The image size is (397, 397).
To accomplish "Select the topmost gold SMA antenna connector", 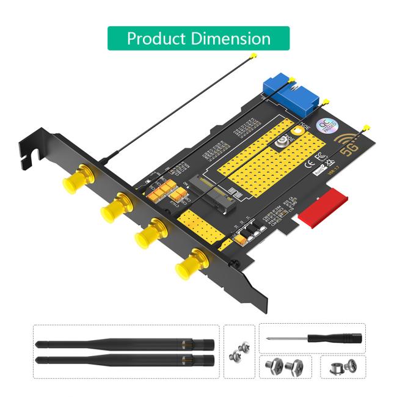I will tap(73, 180).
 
